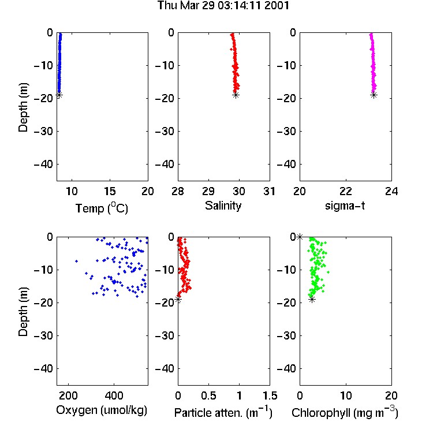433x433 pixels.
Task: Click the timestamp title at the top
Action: pos(223,5)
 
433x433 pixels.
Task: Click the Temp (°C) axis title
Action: pos(102,208)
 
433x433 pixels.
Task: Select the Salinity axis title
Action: pos(223,206)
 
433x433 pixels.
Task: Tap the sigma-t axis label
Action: pos(345,206)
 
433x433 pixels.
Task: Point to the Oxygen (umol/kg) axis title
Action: pos(102,410)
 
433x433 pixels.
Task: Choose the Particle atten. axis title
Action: pos(223,412)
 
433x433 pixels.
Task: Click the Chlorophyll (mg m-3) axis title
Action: pos(345,412)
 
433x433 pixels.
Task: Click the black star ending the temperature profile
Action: pos(59,95)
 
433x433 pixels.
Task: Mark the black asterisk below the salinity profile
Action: pos(236,95)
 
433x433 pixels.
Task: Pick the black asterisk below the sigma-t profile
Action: pos(374,95)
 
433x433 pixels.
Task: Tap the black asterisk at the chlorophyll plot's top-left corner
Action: pos(300,237)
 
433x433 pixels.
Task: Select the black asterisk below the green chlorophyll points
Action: pos(312,299)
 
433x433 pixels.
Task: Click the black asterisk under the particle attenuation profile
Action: pos(178,299)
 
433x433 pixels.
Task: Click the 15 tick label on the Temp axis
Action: pos(110,191)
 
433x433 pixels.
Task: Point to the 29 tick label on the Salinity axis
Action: pos(208,191)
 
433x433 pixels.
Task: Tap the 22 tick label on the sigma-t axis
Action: pos(346,191)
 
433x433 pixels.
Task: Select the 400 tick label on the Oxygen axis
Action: pos(114,395)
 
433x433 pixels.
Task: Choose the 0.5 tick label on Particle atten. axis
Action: pos(208,395)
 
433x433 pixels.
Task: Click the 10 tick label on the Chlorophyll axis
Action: pos(346,395)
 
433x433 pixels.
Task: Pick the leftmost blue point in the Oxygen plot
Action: pos(76,261)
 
